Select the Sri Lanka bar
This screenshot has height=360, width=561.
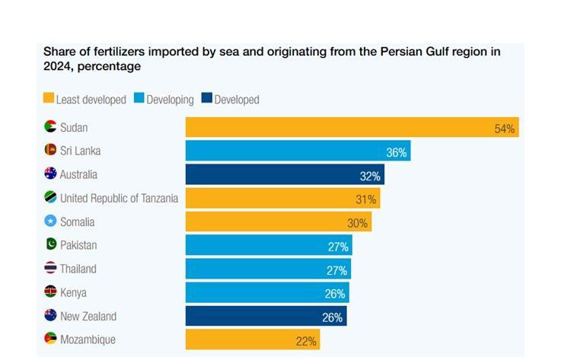coord(297,151)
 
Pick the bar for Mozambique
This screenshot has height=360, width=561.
coord(252,339)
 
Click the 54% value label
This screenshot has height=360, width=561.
coord(505,129)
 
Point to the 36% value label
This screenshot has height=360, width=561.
coord(396,152)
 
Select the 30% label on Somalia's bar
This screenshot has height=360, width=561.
coord(357,223)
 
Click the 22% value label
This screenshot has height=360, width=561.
coord(306,341)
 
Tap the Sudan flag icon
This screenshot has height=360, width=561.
coord(50,127)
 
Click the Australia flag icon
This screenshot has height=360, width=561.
coord(50,174)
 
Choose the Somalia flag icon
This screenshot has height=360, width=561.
coord(50,221)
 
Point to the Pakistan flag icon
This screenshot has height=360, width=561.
coord(50,245)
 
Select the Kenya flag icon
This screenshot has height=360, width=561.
coord(50,292)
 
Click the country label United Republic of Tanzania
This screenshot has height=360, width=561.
coord(119,198)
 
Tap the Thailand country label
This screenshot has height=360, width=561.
coord(78,269)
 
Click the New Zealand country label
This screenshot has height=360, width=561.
coord(88,316)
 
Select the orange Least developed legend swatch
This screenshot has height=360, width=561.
coord(49,99)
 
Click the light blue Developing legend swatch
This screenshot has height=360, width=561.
coord(139,99)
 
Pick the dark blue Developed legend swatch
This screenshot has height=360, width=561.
coord(207,99)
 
